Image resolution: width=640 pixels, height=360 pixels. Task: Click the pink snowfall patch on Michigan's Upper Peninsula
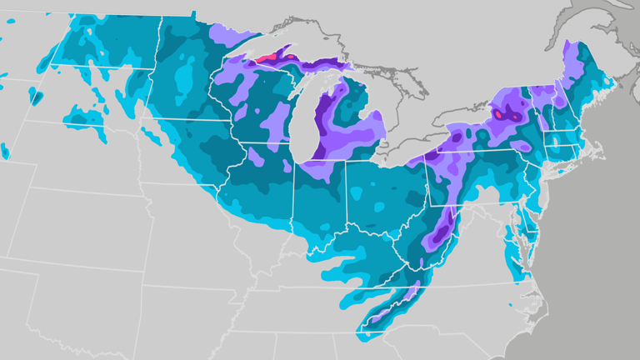pos(268,58)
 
